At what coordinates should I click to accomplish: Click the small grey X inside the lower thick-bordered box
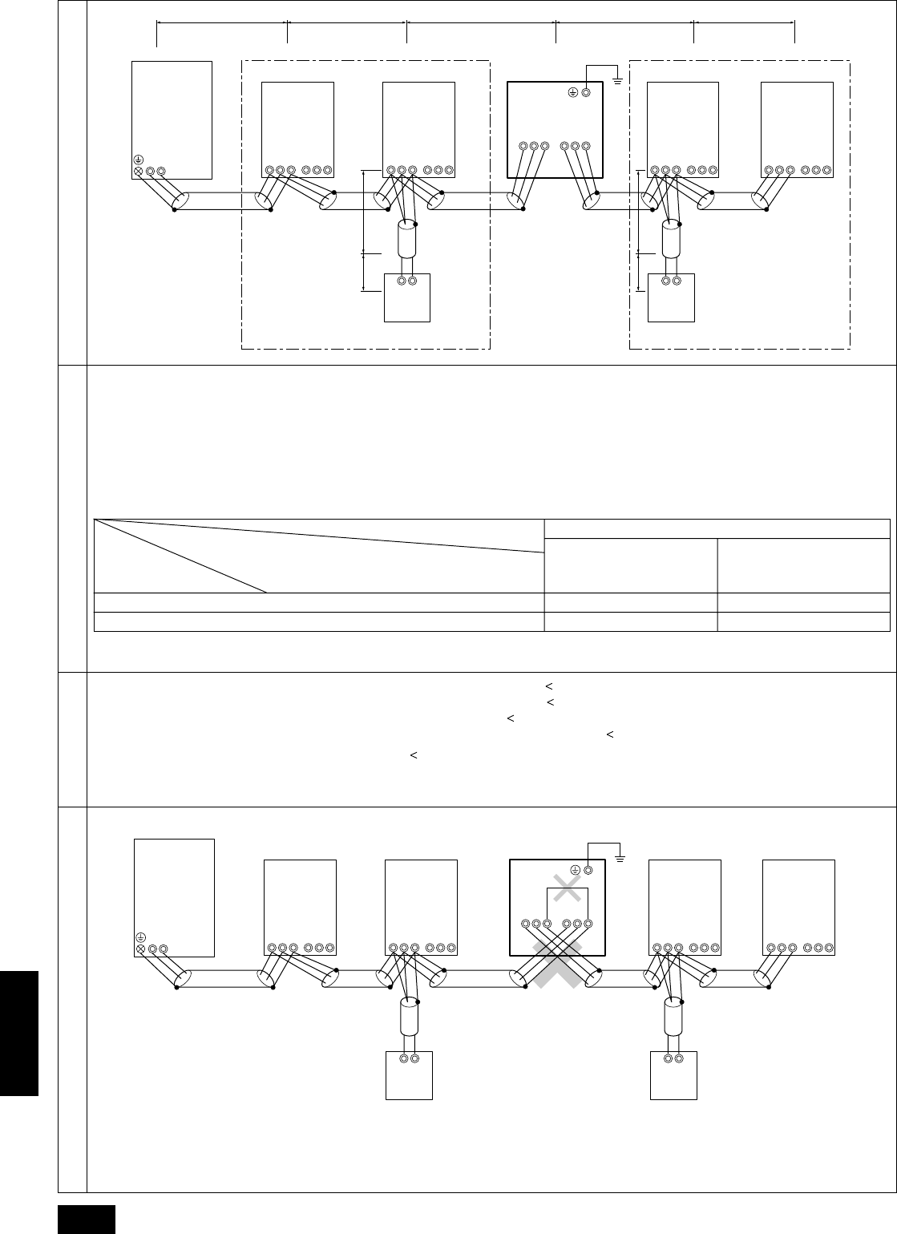pos(567,887)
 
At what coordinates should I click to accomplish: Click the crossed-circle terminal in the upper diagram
pos(139,171)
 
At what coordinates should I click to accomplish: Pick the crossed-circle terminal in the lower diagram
pos(141,949)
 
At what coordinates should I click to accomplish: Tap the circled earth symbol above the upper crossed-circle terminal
pos(139,160)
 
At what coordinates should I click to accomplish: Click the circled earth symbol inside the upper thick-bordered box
pos(572,92)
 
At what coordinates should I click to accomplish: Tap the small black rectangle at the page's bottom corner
pos(87,1219)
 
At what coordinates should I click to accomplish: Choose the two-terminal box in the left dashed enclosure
pos(407,297)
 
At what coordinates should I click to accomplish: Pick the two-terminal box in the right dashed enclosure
pos(672,297)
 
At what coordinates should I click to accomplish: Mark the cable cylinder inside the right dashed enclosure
pos(672,238)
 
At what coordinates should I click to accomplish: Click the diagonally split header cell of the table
pos(319,556)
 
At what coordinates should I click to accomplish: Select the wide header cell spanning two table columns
pos(717,528)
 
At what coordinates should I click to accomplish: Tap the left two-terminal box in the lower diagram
pos(409,1074)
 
